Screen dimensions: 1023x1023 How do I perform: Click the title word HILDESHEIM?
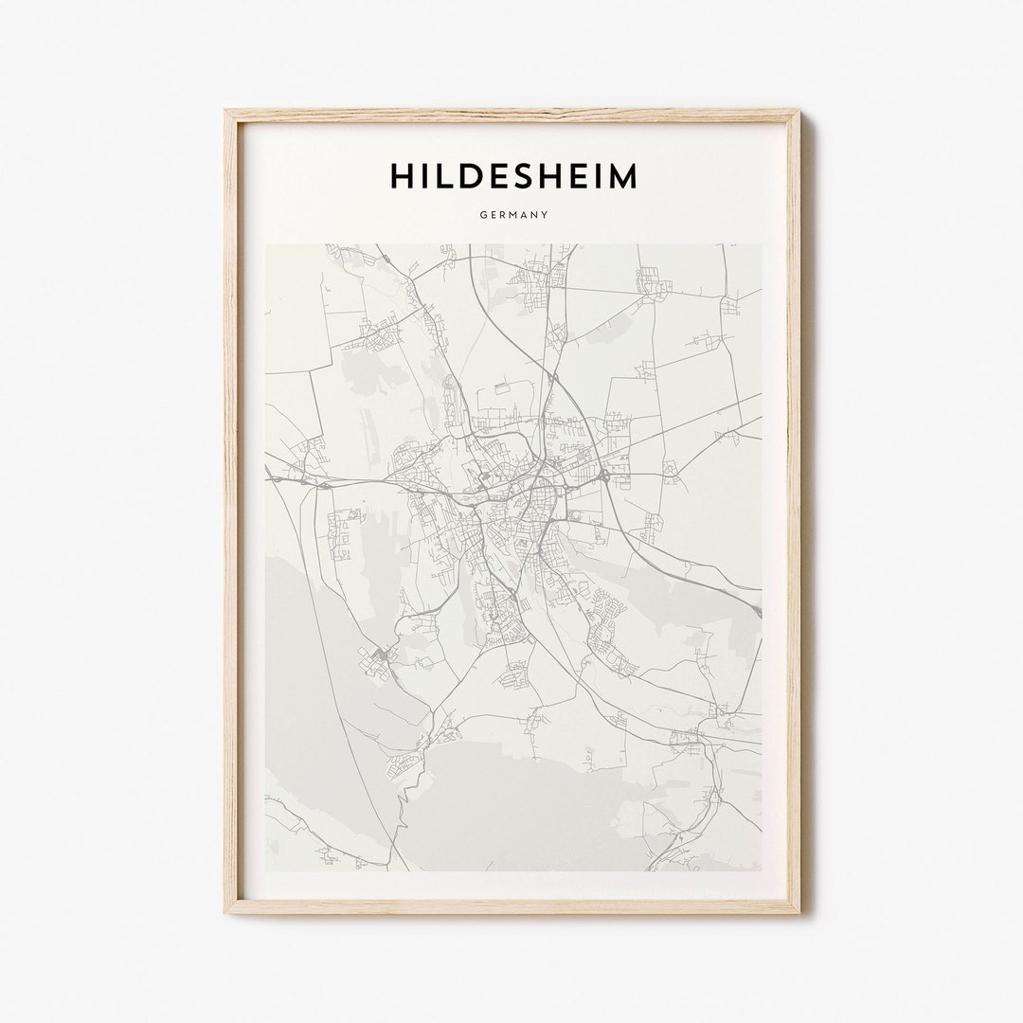(512, 176)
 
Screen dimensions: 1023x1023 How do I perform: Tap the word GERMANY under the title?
(513, 215)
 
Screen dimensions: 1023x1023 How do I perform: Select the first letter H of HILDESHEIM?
(400, 176)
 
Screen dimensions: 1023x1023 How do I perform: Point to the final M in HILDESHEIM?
(621, 176)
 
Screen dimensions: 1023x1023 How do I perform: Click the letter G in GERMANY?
(482, 215)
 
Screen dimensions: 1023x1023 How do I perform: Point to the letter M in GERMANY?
(513, 215)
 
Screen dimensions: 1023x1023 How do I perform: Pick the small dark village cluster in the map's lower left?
(380, 655)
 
